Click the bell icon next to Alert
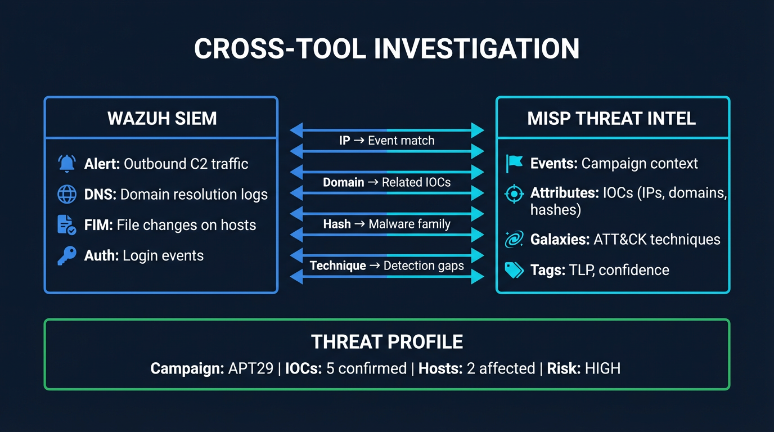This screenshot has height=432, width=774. [x=67, y=164]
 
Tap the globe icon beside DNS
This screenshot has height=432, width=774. [x=67, y=195]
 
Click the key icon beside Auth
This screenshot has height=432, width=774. [x=67, y=255]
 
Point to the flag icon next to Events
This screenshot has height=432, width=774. [x=514, y=164]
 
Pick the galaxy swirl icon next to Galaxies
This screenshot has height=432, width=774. [x=514, y=240]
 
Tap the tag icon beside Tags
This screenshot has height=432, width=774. [x=514, y=270]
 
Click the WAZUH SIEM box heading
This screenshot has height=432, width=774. [x=162, y=119]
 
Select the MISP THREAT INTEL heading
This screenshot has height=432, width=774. [x=611, y=119]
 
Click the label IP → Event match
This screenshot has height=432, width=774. [x=386, y=141]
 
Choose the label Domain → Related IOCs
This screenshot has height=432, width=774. [x=386, y=182]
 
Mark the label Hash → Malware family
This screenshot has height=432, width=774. [x=386, y=224]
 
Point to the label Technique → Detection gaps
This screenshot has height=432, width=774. [x=386, y=265]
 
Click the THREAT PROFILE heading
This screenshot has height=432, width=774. [x=387, y=341]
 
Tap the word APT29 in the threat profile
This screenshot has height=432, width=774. [x=250, y=368]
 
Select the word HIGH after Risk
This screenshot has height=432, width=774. [x=602, y=368]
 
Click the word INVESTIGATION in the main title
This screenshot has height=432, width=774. [x=477, y=48]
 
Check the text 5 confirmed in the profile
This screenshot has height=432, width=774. [x=366, y=368]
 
